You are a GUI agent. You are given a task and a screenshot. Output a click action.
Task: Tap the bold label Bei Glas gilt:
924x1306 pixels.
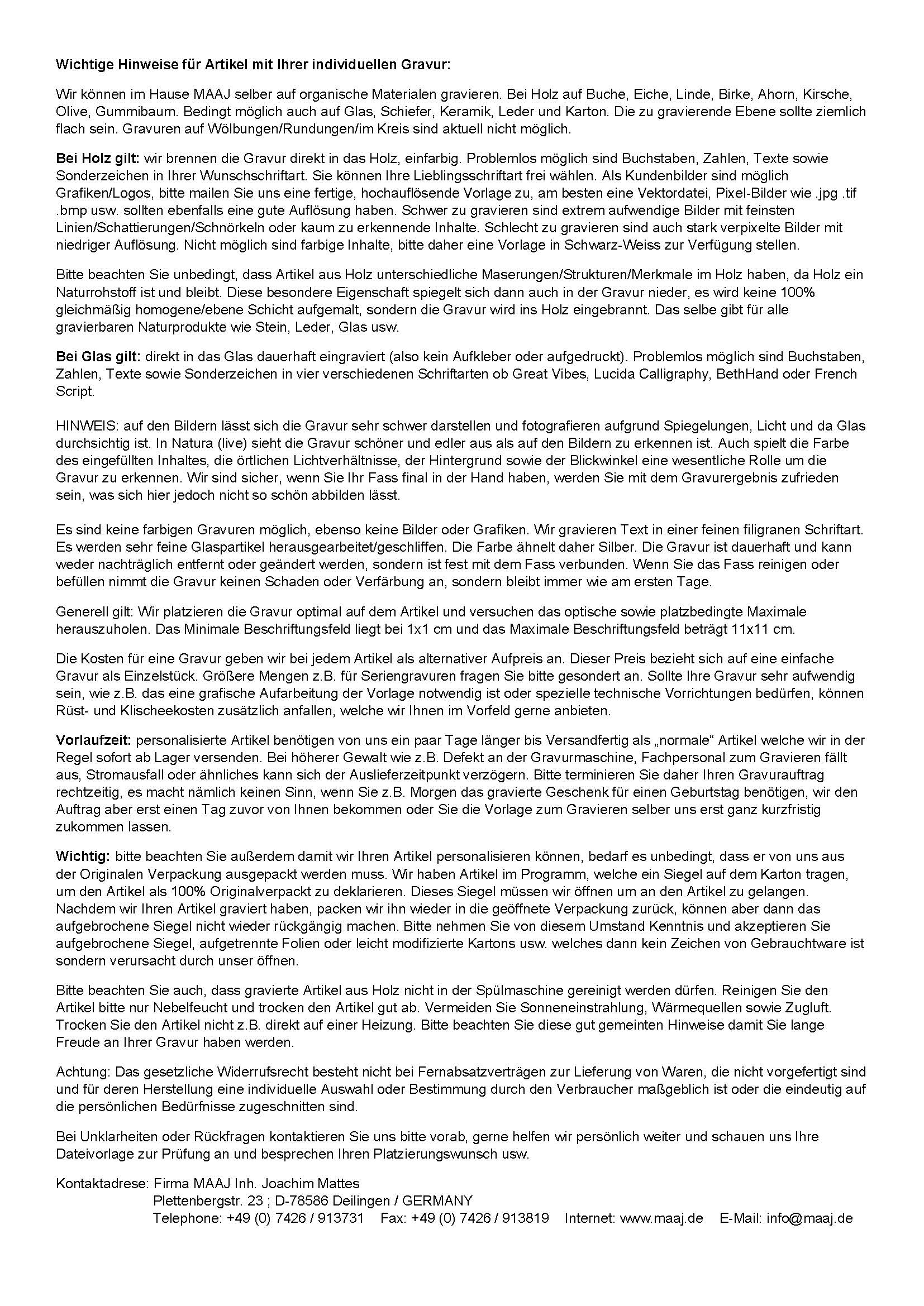click(98, 357)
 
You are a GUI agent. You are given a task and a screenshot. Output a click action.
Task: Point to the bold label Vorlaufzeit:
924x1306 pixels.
click(94, 740)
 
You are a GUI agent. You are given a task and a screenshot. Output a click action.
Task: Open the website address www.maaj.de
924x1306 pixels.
click(661, 1218)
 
